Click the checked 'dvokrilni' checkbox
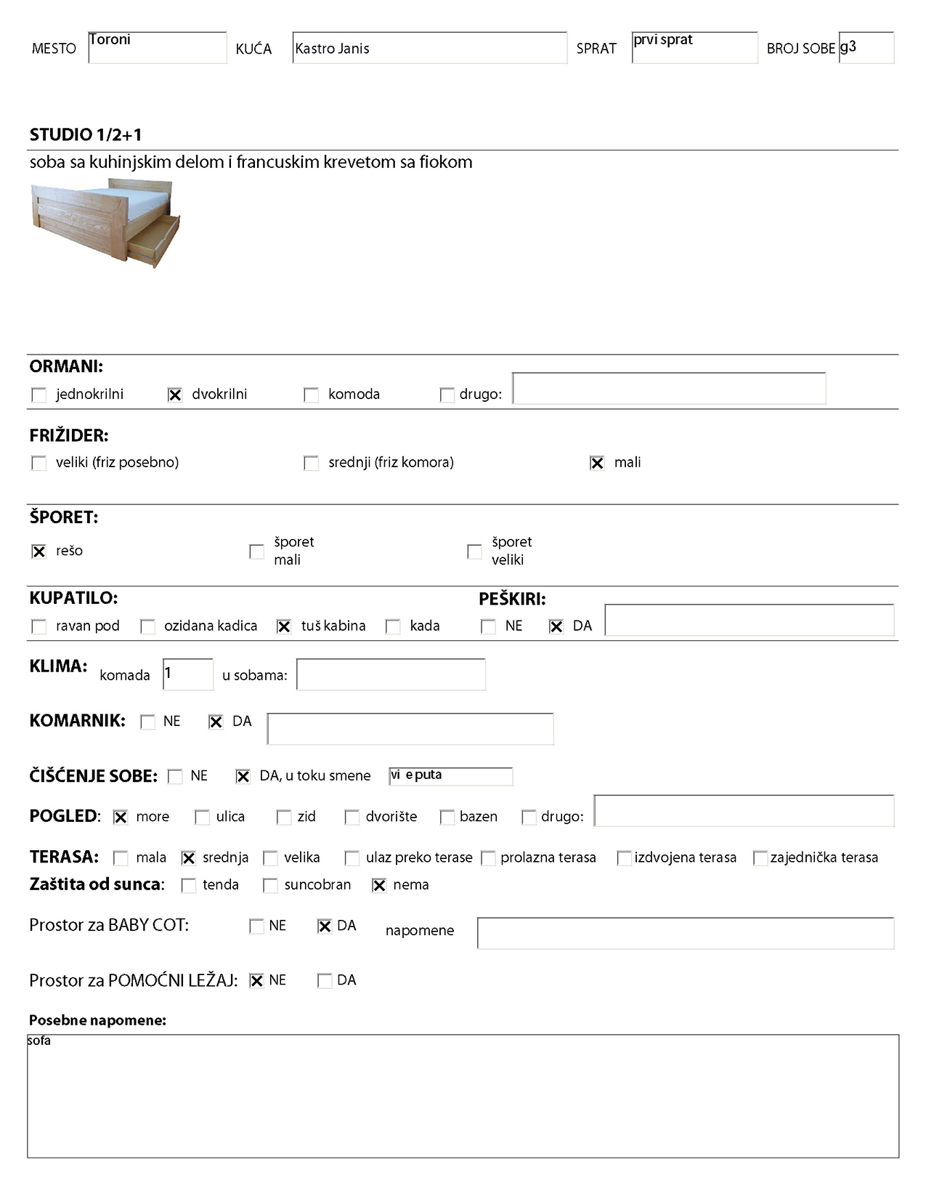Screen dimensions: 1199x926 point(175,395)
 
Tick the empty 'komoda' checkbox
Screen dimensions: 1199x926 point(311,395)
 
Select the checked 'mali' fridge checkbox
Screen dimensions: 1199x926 point(597,463)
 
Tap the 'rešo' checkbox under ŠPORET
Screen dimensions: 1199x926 point(39,552)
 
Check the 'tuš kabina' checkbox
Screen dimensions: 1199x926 point(284,626)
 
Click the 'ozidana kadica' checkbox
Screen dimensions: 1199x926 point(147,626)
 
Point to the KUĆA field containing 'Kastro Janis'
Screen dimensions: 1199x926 point(429,48)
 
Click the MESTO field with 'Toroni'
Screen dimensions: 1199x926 point(157,47)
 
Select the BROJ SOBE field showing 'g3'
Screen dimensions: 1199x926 point(866,47)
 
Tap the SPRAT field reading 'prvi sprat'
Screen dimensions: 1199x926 point(694,47)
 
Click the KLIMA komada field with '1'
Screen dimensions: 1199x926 point(187,674)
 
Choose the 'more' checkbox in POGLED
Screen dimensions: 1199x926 point(121,817)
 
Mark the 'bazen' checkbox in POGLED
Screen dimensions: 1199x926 point(447,817)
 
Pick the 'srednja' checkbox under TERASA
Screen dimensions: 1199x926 point(189,858)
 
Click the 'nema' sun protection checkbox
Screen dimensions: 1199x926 point(379,885)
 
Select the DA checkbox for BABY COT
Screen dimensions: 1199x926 point(325,926)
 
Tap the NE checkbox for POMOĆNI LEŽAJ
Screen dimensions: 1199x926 point(256,981)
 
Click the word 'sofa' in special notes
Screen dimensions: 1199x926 point(39,1041)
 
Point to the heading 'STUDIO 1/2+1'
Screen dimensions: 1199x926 point(86,134)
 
